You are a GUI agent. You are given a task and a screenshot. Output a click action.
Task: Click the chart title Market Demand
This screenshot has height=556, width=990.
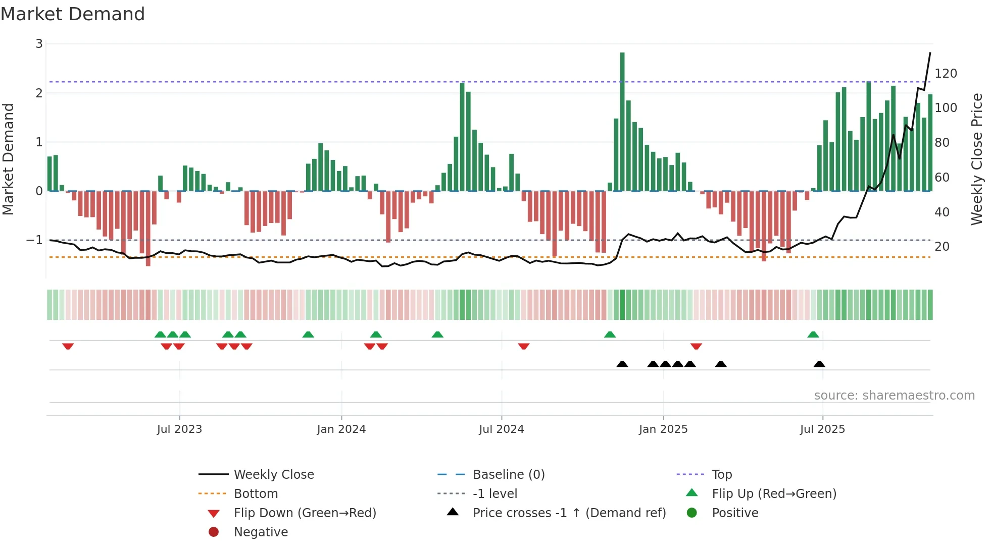[x=73, y=14]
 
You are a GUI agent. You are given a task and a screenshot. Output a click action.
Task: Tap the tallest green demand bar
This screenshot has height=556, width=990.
[x=622, y=121]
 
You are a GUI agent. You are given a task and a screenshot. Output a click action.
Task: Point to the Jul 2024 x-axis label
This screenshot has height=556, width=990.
[x=501, y=429]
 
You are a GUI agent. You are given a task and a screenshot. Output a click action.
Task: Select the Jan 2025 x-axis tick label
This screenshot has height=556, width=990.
[x=663, y=429]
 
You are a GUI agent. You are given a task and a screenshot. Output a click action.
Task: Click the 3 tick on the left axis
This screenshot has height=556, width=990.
[x=39, y=44]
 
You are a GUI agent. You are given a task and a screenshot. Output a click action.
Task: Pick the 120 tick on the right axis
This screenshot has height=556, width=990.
[x=946, y=74]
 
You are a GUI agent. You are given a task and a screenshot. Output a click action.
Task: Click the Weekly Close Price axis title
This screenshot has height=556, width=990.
[x=977, y=159]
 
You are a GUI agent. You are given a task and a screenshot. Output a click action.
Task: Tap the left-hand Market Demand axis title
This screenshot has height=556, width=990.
[x=8, y=159]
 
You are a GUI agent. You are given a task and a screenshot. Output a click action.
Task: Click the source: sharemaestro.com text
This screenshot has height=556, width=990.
[x=894, y=396]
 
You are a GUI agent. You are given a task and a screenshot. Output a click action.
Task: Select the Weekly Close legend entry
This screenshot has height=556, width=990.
[x=273, y=475]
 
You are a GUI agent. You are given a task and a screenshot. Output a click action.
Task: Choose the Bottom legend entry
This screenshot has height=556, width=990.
[x=256, y=494]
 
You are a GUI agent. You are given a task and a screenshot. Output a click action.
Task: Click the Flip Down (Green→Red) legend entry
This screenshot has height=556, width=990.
[x=305, y=513]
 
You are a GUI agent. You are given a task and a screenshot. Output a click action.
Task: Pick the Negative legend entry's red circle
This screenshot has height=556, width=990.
[x=214, y=532]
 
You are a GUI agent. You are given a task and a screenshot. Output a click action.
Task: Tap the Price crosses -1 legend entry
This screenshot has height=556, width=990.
[x=569, y=513]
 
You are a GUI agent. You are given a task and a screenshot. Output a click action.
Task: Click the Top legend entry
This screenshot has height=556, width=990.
[x=721, y=475]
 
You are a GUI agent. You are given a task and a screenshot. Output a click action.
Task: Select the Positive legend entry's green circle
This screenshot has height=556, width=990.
[x=692, y=513]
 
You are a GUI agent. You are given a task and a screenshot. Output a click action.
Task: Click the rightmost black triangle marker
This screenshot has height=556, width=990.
[x=819, y=364]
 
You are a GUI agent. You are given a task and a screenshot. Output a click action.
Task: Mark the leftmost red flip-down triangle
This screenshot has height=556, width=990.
[x=68, y=346]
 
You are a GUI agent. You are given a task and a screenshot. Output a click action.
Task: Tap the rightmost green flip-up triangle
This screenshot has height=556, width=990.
[x=813, y=335]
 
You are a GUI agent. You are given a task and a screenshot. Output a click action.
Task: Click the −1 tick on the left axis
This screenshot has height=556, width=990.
[x=35, y=240]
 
